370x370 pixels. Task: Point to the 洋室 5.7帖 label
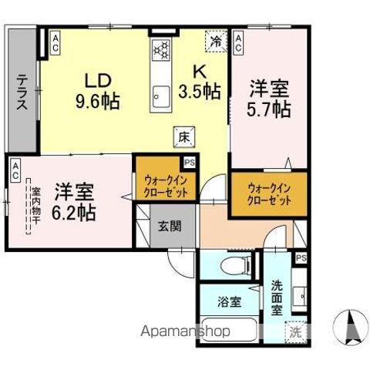tap(268, 99)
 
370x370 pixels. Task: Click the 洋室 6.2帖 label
tap(74, 201)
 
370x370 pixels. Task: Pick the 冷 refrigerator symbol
tap(217, 42)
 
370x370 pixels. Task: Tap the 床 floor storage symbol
tap(185, 134)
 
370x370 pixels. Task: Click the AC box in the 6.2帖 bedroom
tap(15, 172)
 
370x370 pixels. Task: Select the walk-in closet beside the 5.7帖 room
tap(269, 193)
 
